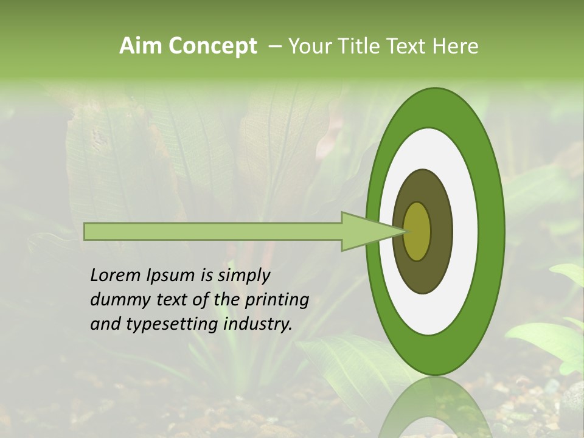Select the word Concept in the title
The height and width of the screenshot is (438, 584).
(213, 47)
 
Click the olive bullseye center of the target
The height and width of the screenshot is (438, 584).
(417, 231)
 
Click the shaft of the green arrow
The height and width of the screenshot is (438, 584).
(213, 231)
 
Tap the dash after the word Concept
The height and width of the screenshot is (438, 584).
(274, 47)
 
